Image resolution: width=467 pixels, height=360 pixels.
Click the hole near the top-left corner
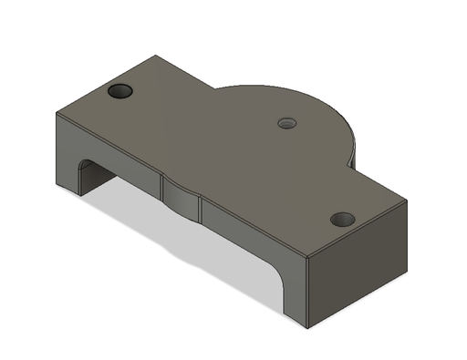click(x=120, y=91)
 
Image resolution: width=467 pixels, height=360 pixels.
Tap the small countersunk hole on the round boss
click(x=287, y=122)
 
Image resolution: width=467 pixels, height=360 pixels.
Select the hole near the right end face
click(x=342, y=220)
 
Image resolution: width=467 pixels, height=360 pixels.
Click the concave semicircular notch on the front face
click(x=182, y=197)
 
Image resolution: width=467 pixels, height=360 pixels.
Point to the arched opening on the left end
click(x=92, y=173)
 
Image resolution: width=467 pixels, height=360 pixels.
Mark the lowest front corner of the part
click(x=309, y=325)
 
